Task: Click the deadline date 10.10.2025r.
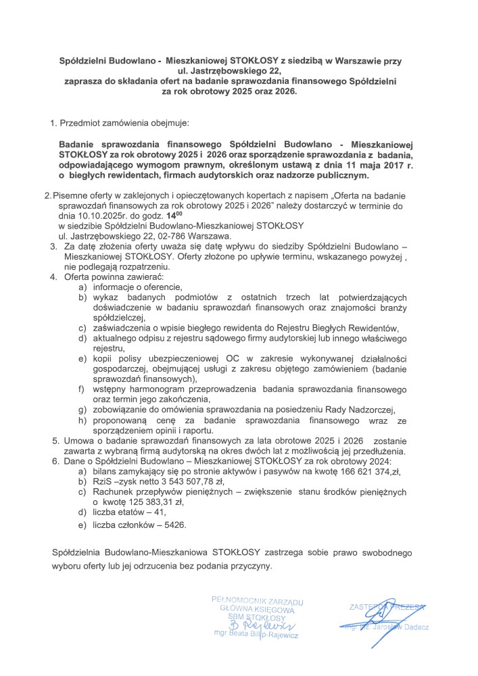88,214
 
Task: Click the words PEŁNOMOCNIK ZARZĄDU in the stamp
256,600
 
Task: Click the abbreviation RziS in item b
105,481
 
